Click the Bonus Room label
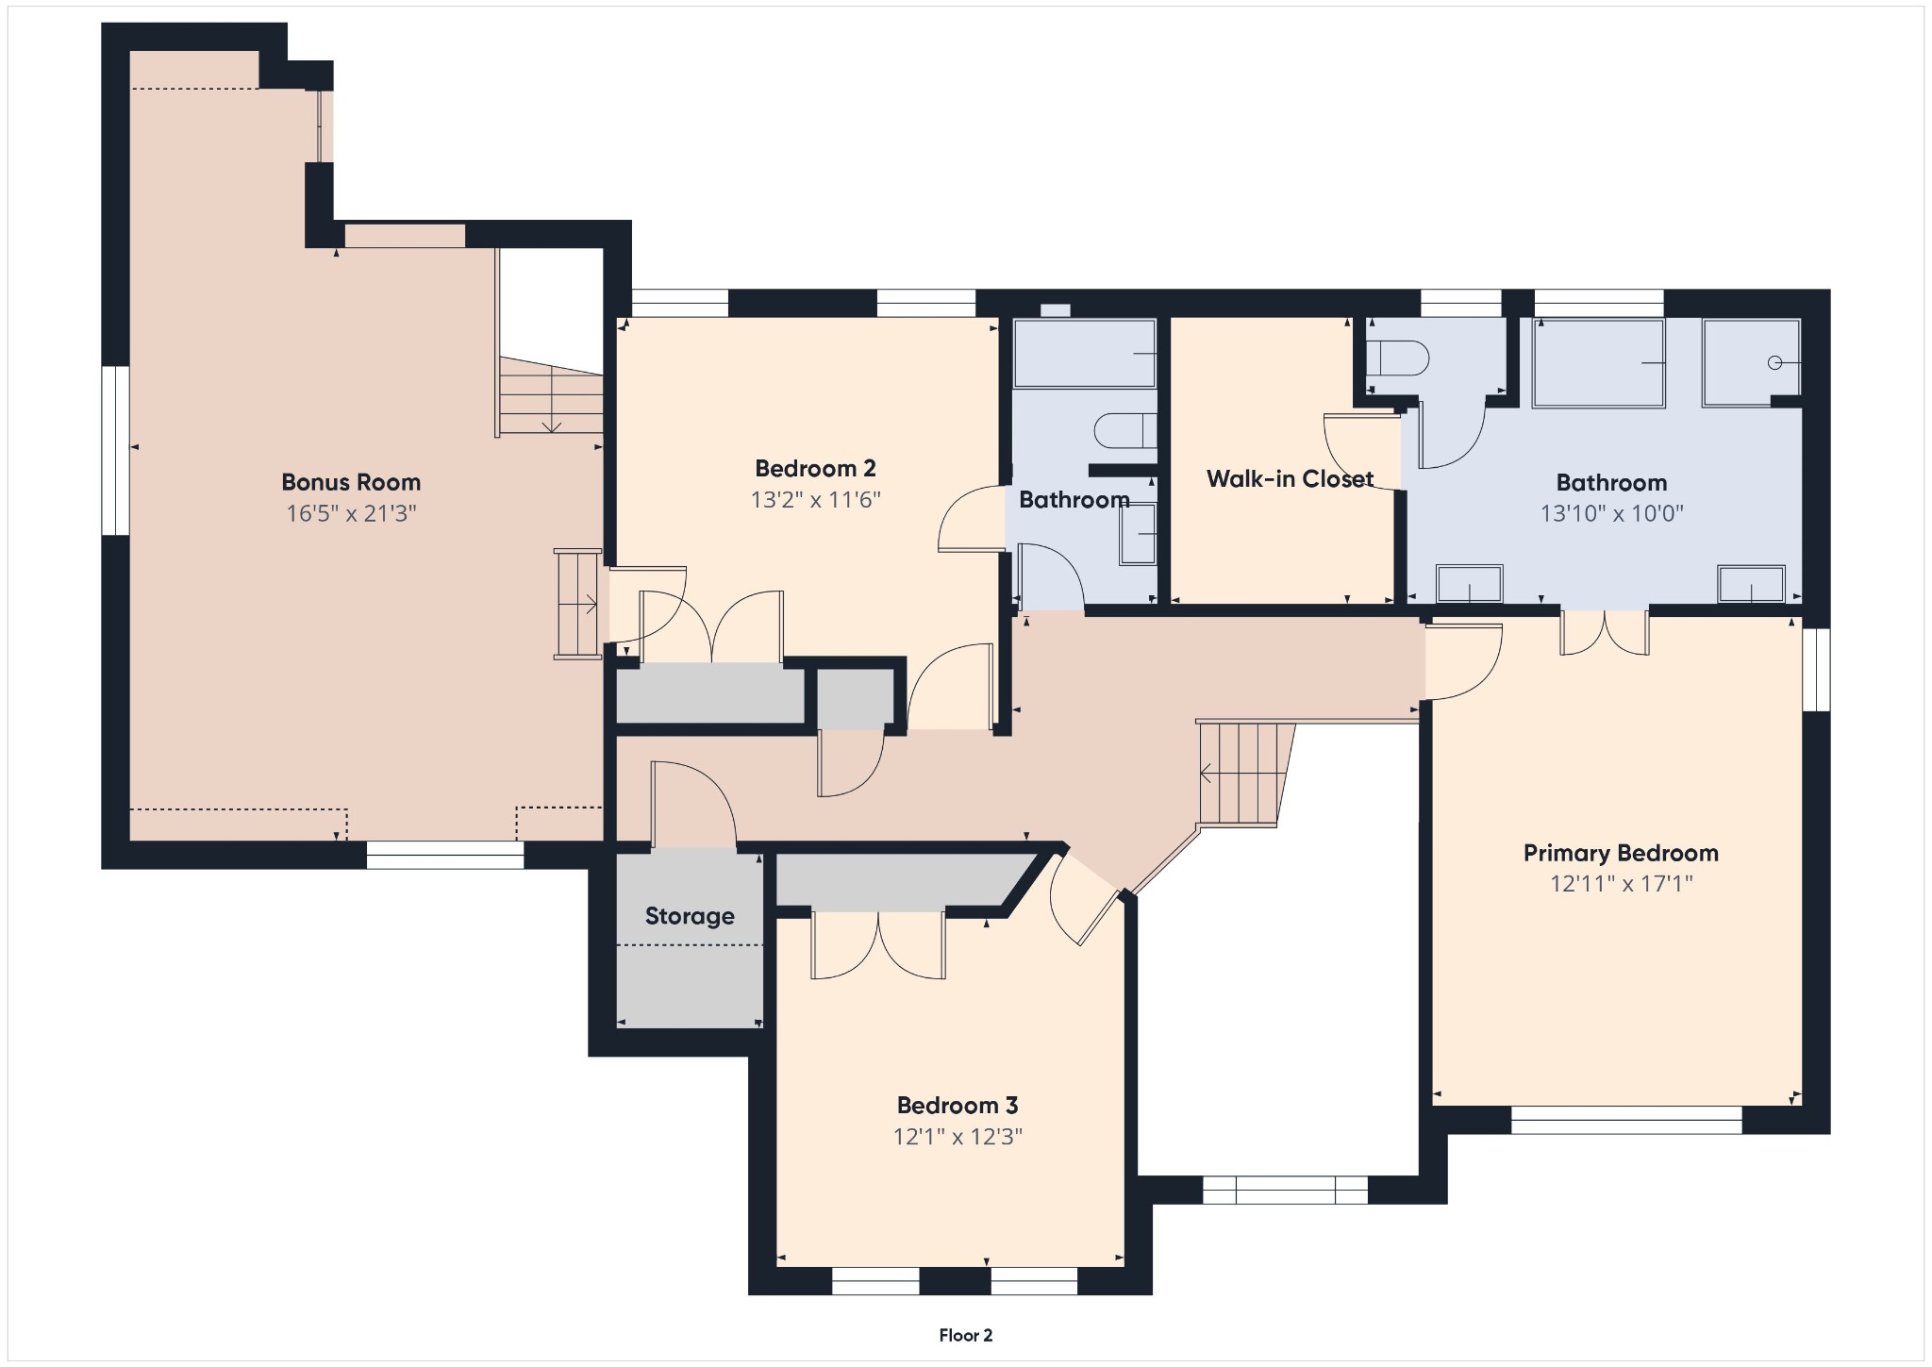coord(351,482)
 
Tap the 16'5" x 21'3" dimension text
coord(351,513)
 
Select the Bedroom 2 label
coord(815,468)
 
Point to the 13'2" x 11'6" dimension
coord(815,499)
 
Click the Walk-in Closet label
coord(1290,478)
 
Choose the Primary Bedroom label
coord(1621,853)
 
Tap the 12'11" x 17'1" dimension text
coord(1621,884)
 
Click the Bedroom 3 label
coord(957,1105)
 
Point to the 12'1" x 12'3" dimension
coord(957,1136)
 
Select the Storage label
coord(690,916)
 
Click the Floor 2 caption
coord(965,1335)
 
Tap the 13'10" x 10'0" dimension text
coord(1611,513)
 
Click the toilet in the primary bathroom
coord(1397,358)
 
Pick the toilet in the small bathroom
coord(1125,431)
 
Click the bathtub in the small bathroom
coord(1084,353)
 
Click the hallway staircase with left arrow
coord(1243,774)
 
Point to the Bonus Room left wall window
coord(115,451)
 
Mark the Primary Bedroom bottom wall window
coord(1626,1120)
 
